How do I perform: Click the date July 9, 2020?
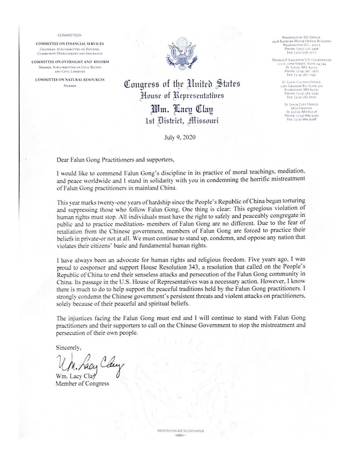pyautogui.click(x=179, y=137)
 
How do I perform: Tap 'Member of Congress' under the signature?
pyautogui.click(x=82, y=383)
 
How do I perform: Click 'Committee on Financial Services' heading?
pyautogui.click(x=70, y=44)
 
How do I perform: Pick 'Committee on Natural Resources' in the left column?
pyautogui.click(x=70, y=80)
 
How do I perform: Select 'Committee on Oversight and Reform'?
pyautogui.click(x=70, y=62)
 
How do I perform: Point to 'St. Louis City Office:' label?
pyautogui.click(x=301, y=104)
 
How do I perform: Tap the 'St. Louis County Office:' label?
pyautogui.click(x=301, y=82)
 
